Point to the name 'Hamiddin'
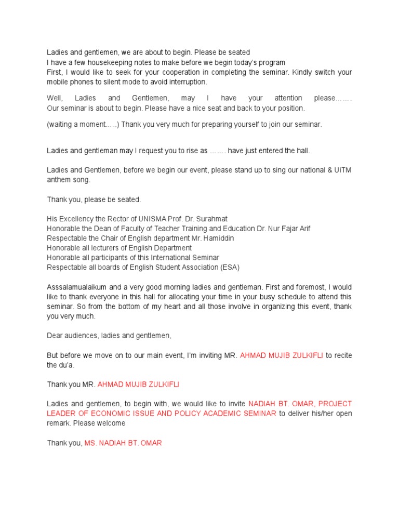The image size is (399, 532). click(217, 238)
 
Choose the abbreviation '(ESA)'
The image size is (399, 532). click(229, 268)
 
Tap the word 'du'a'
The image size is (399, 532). click(67, 365)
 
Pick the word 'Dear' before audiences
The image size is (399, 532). click(55, 336)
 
